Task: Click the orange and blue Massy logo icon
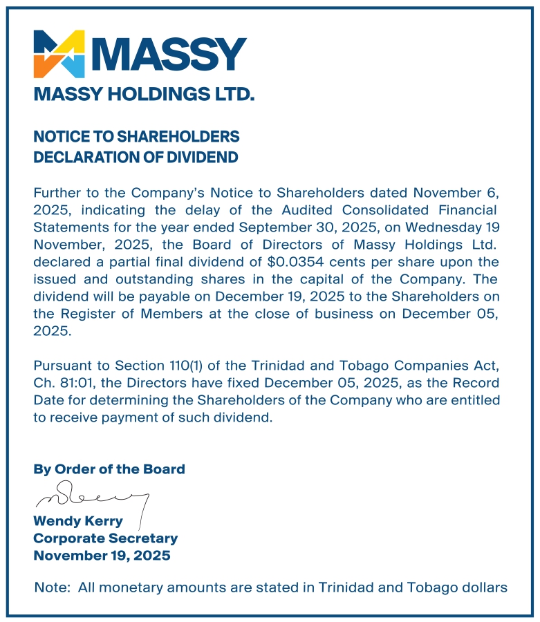click(59, 53)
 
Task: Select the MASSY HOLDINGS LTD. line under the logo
click(144, 94)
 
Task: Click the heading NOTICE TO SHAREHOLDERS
click(136, 136)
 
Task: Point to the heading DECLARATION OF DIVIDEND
click(136, 158)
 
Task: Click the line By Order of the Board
click(109, 469)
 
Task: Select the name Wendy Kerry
click(78, 521)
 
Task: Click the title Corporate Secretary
click(106, 538)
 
